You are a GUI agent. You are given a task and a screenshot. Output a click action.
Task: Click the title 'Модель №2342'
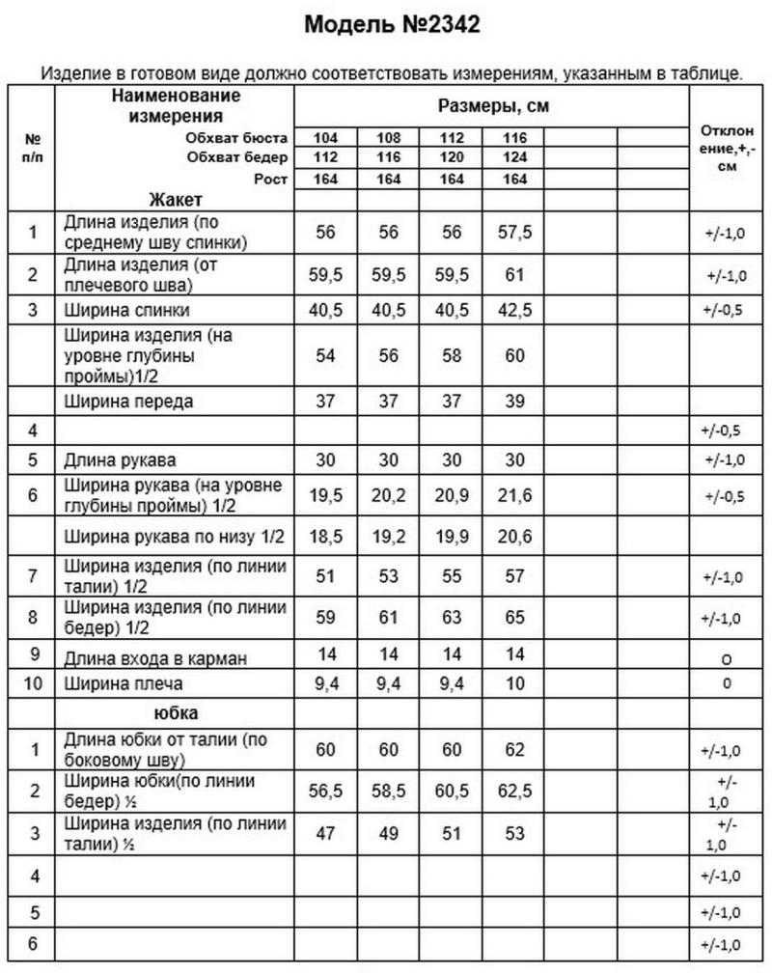392,25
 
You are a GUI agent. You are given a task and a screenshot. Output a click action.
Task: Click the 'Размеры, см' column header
493,106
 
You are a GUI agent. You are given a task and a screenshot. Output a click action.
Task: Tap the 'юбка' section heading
176,713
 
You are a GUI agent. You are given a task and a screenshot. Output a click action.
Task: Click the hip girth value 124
514,157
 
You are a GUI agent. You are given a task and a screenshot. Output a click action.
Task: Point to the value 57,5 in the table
514,232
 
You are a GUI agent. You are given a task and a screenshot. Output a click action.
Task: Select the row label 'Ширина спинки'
126,311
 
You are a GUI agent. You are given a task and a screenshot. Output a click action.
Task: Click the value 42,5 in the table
514,311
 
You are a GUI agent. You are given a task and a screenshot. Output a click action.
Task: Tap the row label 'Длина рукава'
120,459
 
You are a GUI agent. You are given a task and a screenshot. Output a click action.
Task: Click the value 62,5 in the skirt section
514,791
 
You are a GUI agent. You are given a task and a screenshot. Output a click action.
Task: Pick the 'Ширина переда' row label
126,400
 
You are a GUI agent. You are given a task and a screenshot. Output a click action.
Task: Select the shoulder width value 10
514,684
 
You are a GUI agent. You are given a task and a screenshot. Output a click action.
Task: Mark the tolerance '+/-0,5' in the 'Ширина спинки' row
726,311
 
